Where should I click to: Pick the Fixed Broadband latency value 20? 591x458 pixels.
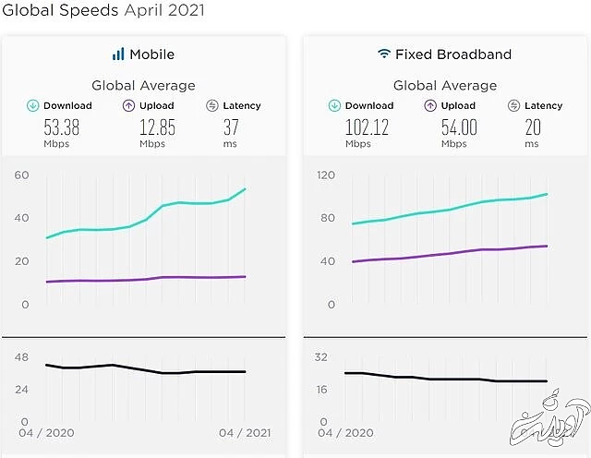[533, 127]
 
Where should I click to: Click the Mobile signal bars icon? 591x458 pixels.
[118, 54]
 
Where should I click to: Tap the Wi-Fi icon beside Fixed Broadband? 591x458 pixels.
[383, 54]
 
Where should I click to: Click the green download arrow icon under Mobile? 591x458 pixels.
[32, 106]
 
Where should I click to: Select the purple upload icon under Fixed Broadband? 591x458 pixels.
[429, 106]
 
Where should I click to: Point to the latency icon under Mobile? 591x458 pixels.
[212, 106]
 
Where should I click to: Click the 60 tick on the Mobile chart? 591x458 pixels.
[21, 175]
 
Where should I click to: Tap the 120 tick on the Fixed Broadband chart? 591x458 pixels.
[324, 175]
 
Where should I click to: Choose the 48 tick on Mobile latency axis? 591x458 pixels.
[21, 357]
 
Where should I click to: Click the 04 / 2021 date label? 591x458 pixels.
[245, 432]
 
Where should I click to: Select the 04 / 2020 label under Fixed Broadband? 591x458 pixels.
[348, 432]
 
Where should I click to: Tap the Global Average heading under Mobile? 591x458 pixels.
[143, 85]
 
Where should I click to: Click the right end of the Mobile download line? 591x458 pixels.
[245, 189]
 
